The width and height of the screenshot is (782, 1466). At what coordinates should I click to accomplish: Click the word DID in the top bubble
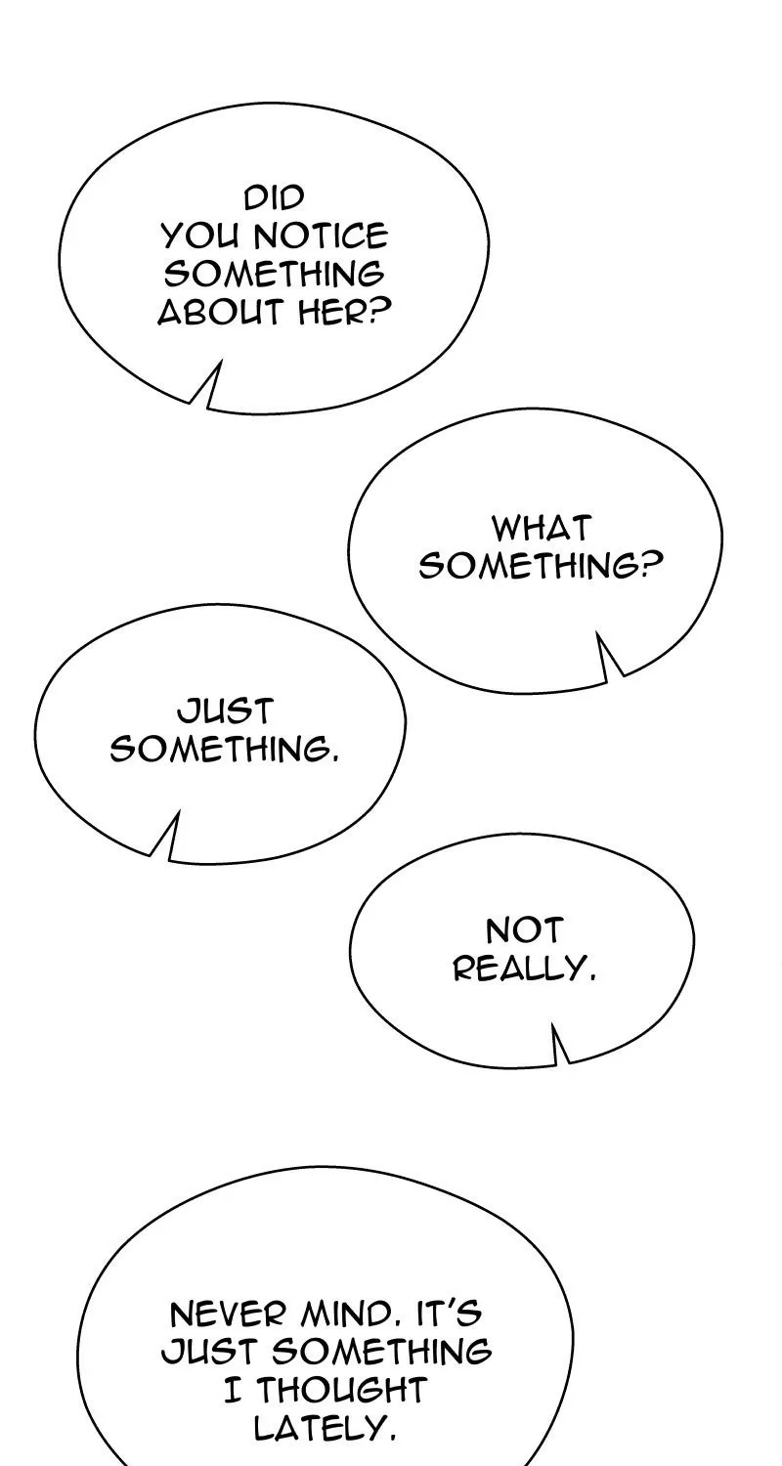(275, 198)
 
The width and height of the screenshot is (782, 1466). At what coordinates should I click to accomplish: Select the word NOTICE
(321, 236)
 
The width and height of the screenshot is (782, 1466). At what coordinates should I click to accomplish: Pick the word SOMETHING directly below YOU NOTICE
(274, 274)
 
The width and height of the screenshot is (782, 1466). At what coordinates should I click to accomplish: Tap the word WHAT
(542, 528)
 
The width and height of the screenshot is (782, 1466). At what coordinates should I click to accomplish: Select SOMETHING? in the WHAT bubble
(542, 566)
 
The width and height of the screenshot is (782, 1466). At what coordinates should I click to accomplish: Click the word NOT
(524, 930)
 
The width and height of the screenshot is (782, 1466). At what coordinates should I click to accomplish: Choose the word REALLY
(525, 968)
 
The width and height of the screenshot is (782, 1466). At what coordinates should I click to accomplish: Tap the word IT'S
(449, 1314)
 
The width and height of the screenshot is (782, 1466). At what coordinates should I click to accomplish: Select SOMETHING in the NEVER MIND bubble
(381, 1351)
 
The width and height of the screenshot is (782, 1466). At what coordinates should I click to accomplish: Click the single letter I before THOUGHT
(233, 1389)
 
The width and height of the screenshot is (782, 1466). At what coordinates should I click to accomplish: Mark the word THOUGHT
(339, 1389)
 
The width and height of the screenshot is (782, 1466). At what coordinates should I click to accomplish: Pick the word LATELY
(326, 1427)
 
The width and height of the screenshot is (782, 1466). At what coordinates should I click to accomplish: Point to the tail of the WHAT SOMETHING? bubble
(608, 657)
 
